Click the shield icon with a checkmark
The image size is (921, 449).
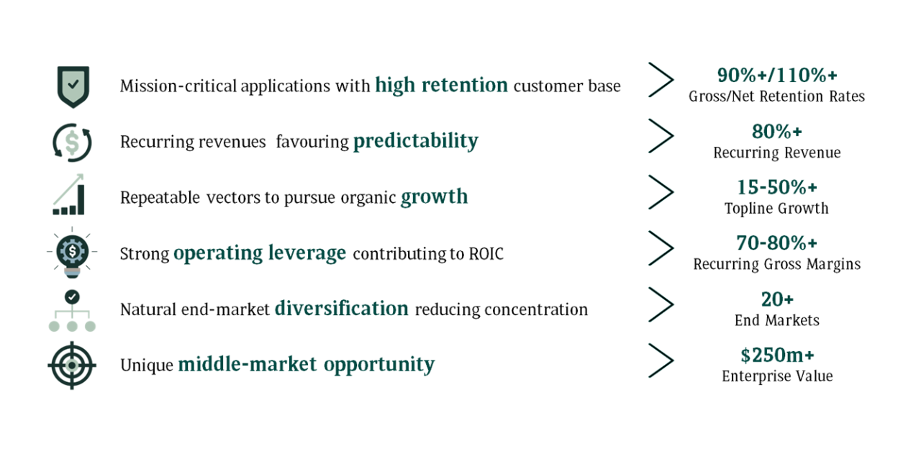[x=73, y=87]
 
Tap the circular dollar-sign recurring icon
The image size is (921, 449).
[x=72, y=142]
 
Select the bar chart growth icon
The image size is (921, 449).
[x=68, y=194]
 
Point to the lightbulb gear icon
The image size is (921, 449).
[x=72, y=252]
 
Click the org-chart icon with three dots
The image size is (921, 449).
[x=72, y=311]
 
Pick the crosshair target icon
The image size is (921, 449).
[x=72, y=365]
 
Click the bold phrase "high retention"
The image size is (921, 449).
[x=441, y=86]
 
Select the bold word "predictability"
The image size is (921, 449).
[x=416, y=142]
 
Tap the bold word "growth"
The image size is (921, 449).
[x=434, y=197]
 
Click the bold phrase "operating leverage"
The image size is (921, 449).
[x=260, y=253]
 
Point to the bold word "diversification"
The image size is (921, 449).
[x=342, y=309]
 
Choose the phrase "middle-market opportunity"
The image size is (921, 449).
[x=307, y=365]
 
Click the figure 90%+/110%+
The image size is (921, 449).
[x=777, y=75]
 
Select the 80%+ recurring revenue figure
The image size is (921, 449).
[x=776, y=132]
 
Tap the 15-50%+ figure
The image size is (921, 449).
[x=776, y=187]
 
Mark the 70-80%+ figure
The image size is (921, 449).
[x=776, y=242]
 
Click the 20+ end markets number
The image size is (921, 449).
[x=777, y=299]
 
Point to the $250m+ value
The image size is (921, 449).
[x=777, y=355]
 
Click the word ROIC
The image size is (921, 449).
[x=486, y=254]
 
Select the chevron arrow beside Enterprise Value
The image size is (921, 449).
[x=661, y=360]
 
